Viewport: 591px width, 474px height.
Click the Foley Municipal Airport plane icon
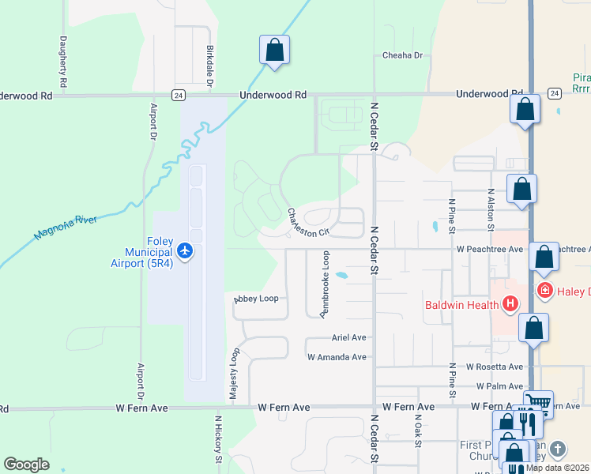click(x=186, y=250)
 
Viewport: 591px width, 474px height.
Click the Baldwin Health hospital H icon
click(x=510, y=303)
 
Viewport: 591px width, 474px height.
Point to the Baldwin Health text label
click(x=462, y=305)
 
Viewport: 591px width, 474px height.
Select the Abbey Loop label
click(x=256, y=299)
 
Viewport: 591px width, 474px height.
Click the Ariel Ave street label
click(x=348, y=337)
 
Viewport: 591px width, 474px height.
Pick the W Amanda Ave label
click(x=337, y=357)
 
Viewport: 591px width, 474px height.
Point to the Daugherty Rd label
click(x=62, y=61)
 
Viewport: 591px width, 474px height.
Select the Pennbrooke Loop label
click(x=324, y=284)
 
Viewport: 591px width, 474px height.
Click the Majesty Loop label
click(x=234, y=374)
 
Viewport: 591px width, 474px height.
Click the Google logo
click(x=26, y=465)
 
